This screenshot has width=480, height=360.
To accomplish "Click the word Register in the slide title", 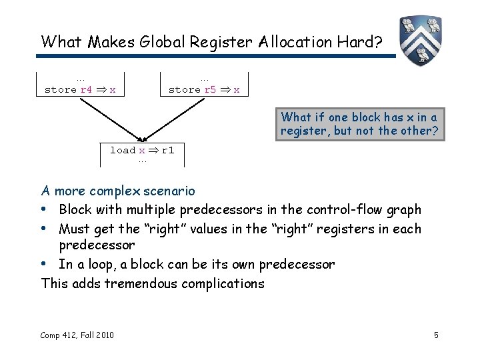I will pyautogui.click(x=217, y=41).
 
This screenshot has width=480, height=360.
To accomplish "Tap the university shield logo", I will pyautogui.click(x=421, y=40).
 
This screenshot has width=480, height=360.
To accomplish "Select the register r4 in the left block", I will pyautogui.click(x=87, y=89).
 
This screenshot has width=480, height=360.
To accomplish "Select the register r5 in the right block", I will pyautogui.click(x=209, y=89).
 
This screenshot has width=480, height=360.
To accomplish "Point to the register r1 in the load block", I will pyautogui.click(x=167, y=150).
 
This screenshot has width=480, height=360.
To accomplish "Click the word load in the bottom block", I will pyautogui.click(x=123, y=150).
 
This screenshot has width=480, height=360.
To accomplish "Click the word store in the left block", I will pyautogui.click(x=60, y=89).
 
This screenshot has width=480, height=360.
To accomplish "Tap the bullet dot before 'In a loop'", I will pyautogui.click(x=45, y=265).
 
